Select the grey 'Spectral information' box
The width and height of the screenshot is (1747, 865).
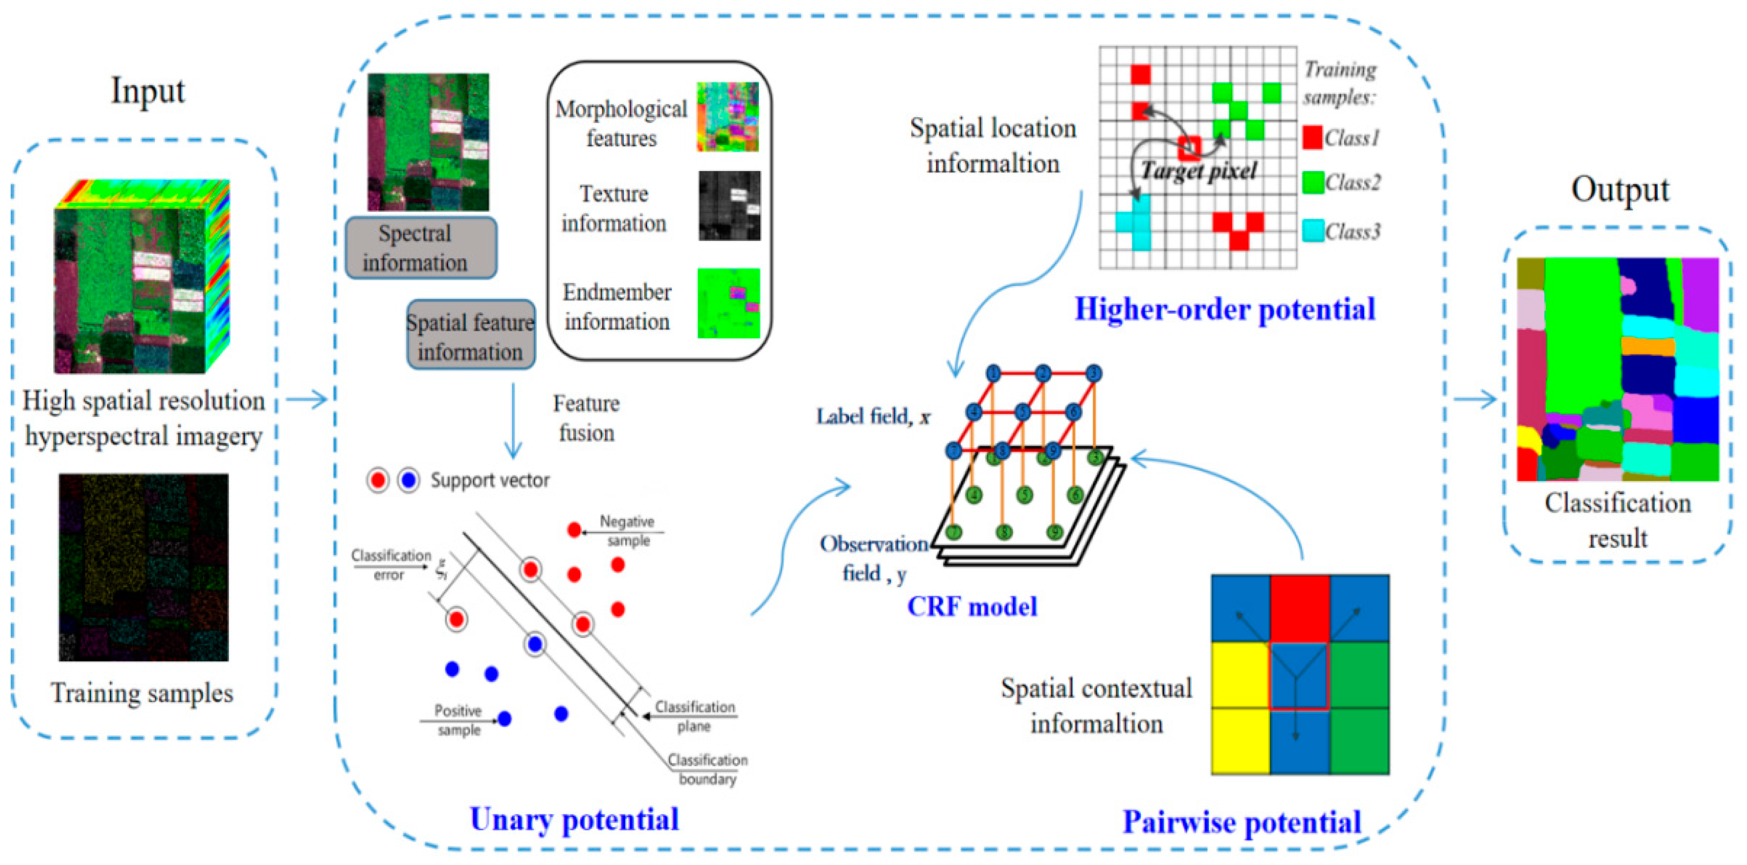421,248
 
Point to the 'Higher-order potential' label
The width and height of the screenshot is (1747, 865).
1225,309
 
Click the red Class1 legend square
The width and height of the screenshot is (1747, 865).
1312,138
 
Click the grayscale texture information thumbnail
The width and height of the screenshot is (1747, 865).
729,206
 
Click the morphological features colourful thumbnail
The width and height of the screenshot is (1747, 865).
728,117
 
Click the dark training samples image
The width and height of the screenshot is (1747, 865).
143,567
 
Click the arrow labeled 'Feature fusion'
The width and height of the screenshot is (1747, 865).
513,421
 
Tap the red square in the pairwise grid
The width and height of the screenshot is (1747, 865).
1299,608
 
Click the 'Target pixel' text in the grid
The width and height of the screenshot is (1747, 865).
1198,170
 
